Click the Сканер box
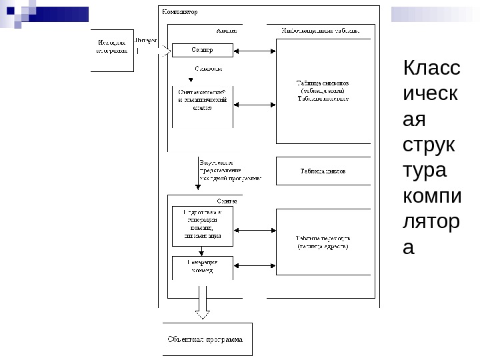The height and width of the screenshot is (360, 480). click(202, 50)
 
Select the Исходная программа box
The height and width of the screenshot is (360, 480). click(112, 50)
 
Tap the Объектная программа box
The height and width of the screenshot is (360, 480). click(207, 339)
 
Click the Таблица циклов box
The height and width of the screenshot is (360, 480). click(323, 171)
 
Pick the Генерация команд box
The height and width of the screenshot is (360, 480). click(202, 267)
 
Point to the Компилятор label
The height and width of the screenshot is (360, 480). click(180, 12)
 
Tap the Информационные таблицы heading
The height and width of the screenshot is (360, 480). click(321, 30)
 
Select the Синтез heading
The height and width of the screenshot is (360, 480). click(227, 201)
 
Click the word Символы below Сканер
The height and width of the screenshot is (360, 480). click(208, 69)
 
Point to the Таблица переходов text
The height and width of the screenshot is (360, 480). click(323, 242)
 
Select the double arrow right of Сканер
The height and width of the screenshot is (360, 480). click(254, 51)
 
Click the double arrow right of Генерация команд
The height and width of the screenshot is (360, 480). click(254, 266)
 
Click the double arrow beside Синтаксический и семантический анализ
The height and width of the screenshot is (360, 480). click(254, 104)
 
